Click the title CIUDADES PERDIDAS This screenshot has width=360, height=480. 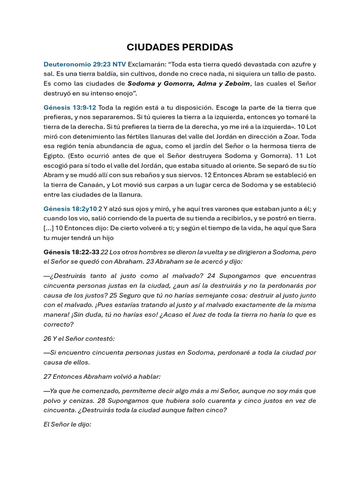pos(180,47)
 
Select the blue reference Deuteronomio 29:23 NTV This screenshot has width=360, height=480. pos(84,64)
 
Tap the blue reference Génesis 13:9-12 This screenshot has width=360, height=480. pos(70,107)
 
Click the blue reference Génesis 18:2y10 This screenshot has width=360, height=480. pos(70,209)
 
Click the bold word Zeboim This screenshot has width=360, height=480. pos(237,84)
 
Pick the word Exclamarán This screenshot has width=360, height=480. pos(147,64)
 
